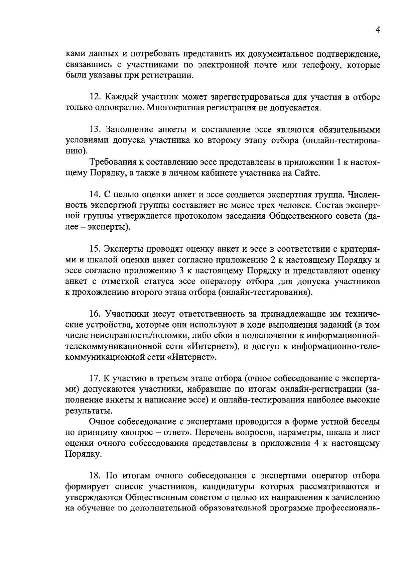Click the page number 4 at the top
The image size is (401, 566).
click(x=378, y=30)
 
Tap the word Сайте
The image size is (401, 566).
click(x=307, y=173)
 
